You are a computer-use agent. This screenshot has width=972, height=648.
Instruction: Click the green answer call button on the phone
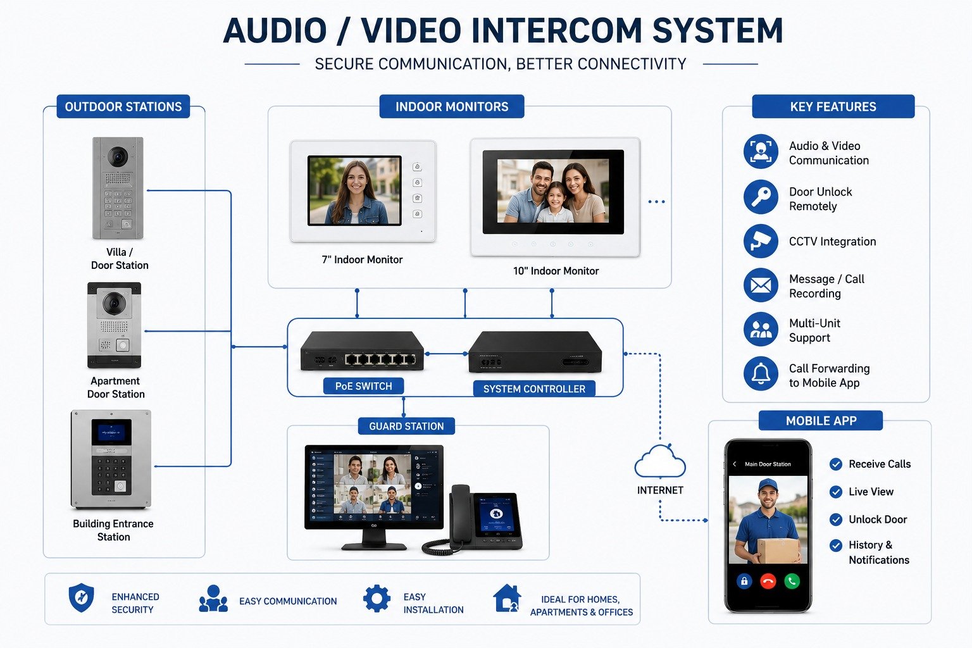pos(792,581)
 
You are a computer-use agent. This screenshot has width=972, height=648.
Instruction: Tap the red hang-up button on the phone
pos(768,581)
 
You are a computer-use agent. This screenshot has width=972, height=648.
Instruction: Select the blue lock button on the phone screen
pos(744,581)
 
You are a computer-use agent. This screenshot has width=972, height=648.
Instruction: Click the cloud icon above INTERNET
pos(659,461)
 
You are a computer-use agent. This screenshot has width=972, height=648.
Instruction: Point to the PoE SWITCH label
pos(364,386)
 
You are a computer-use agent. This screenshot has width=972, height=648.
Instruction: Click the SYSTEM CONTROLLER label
pos(534,389)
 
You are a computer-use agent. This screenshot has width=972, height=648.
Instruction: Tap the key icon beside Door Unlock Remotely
pos(760,197)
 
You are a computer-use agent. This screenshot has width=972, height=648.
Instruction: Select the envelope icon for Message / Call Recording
pos(760,285)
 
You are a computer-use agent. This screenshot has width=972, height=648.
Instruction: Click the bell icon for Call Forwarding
pos(760,373)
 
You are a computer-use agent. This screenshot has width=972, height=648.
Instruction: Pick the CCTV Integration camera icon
pos(760,241)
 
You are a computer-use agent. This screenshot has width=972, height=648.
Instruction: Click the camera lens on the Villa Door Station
pos(118,157)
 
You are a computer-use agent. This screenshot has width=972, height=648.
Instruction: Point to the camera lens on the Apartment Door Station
pos(114,302)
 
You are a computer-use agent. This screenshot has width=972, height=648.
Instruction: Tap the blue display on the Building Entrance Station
pos(111,432)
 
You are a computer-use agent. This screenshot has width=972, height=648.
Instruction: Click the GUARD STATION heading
pos(407,427)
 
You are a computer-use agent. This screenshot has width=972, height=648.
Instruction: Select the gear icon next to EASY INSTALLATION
pos(377,599)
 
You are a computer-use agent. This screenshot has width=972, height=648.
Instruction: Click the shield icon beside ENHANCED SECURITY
pos(81,598)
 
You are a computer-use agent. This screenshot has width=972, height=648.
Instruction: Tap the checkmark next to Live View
pos(836,492)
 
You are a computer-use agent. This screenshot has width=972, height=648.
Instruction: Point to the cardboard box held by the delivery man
pos(778,551)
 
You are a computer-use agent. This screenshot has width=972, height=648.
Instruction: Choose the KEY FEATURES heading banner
pos(833,106)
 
